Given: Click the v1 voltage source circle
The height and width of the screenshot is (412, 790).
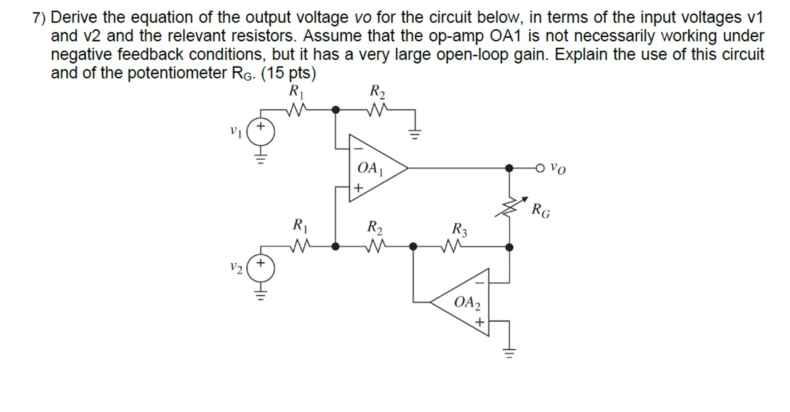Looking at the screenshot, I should point(261,132).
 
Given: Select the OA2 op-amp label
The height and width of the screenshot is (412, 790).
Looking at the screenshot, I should point(467,302).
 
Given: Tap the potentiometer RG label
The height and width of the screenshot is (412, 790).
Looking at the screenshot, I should point(541,211).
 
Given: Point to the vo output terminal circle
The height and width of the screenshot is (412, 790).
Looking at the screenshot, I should point(540,168).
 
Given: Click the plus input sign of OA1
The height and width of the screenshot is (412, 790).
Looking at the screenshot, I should point(358,188).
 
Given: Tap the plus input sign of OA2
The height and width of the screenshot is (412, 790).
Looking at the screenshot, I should point(479,322).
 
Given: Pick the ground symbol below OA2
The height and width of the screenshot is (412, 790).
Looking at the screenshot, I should point(509,352).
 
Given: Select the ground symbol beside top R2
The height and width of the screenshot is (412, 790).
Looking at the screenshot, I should point(415,134).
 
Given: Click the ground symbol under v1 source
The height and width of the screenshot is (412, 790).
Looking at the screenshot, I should point(261,158).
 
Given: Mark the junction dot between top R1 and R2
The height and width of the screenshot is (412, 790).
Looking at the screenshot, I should point(336,110).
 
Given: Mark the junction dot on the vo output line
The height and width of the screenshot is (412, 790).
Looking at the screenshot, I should point(509,168).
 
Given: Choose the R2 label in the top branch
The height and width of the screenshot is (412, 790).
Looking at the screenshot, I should point(377,92).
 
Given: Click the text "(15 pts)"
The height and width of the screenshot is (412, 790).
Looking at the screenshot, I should point(288,73).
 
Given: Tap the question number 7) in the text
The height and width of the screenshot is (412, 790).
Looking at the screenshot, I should point(39,18).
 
